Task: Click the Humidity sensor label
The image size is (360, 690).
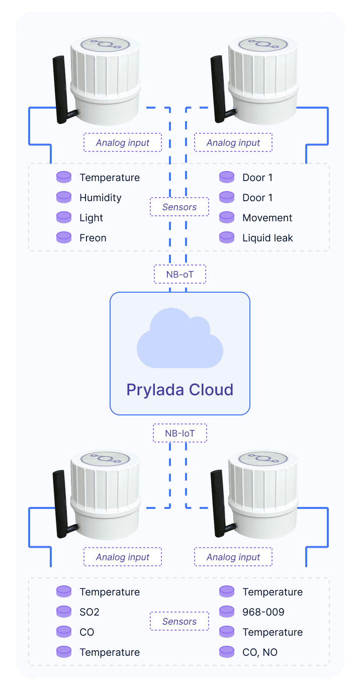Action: (x=100, y=198)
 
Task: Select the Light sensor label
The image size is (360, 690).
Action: (x=91, y=218)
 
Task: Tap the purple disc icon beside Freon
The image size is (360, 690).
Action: (x=64, y=237)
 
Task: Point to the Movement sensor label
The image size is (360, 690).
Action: (x=267, y=218)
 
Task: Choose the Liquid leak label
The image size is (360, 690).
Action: (x=267, y=238)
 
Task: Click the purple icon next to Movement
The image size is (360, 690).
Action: (x=227, y=217)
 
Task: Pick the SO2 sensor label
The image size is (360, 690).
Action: (x=90, y=612)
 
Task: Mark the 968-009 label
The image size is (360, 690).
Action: (x=263, y=612)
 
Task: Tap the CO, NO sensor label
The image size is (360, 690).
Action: (x=259, y=652)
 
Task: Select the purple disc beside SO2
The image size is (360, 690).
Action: (x=64, y=612)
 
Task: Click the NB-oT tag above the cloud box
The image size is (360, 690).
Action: (x=180, y=275)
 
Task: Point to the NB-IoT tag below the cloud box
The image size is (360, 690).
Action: (x=180, y=433)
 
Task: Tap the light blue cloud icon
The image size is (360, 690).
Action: (x=179, y=337)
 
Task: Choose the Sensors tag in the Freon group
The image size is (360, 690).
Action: (x=179, y=207)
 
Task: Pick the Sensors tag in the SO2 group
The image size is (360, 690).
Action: (x=179, y=622)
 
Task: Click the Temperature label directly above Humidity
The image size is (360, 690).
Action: (x=109, y=178)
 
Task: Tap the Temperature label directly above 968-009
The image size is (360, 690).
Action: (x=272, y=592)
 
